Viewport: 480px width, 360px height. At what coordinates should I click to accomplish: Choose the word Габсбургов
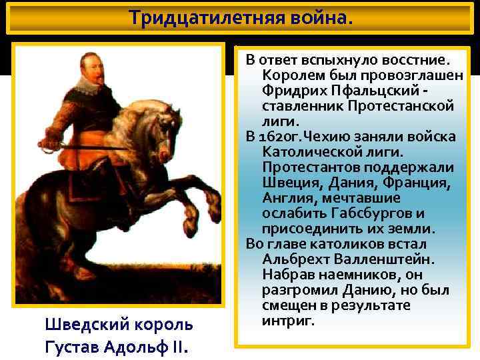click(369, 213)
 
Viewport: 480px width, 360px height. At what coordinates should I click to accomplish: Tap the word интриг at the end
click(287, 321)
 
